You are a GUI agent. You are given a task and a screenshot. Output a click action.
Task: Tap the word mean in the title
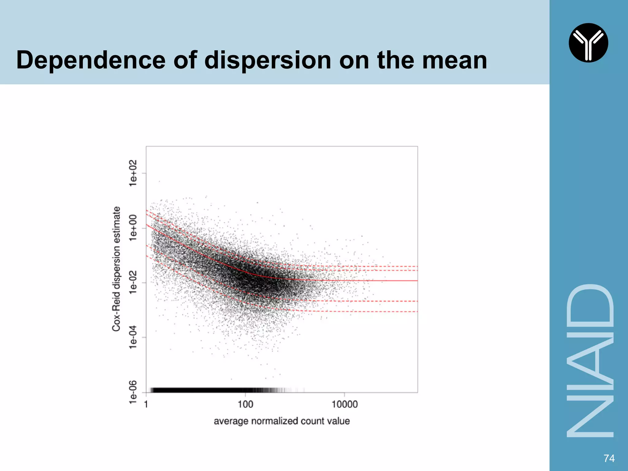[454, 60]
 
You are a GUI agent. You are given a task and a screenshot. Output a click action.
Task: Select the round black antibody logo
[588, 43]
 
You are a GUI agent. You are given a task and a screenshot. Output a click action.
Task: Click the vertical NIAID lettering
[589, 361]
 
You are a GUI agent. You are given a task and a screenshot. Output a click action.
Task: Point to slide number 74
[609, 458]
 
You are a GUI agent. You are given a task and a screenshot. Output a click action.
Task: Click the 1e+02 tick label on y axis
[133, 173]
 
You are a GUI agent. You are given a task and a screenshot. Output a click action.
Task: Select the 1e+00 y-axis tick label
[133, 228]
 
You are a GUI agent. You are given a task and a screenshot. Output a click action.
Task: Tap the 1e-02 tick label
[133, 282]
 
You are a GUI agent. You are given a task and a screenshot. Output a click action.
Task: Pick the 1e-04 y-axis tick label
[133, 337]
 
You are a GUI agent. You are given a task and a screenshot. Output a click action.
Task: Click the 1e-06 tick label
[133, 392]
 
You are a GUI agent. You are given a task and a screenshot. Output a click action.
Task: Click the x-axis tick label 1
[146, 404]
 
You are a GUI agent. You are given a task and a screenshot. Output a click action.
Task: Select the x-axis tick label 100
[245, 404]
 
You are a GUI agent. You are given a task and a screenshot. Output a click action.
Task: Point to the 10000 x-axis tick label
[344, 404]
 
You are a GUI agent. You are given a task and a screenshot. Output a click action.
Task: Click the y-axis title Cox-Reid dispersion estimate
[116, 269]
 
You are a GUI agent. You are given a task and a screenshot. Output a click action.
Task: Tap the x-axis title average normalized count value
[281, 421]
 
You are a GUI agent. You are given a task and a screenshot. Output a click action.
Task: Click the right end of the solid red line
[416, 281]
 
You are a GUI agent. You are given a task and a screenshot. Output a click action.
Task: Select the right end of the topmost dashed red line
[416, 266]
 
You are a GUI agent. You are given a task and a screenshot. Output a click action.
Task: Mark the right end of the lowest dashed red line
[416, 312]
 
